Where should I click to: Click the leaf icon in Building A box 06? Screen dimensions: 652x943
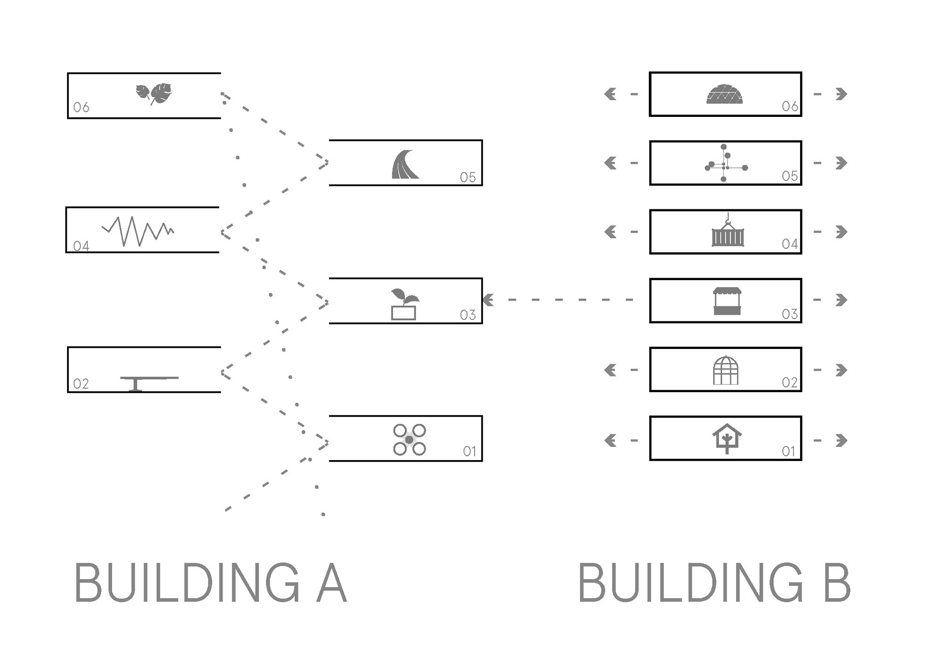(154, 93)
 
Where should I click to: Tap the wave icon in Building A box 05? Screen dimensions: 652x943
(405, 165)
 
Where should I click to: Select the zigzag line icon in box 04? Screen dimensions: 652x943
(138, 231)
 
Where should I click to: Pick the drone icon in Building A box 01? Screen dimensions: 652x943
(409, 440)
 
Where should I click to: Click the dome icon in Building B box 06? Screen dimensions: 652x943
(724, 95)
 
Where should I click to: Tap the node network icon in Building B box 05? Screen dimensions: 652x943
(725, 163)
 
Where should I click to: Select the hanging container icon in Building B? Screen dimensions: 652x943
(728, 232)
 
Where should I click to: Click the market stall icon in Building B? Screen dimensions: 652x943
(727, 301)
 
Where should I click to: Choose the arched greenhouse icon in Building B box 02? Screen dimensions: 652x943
(726, 371)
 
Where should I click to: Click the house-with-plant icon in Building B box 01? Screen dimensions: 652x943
(727, 438)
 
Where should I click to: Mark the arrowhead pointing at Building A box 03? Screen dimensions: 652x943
(488, 300)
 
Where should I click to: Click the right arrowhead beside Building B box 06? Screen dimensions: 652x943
(841, 94)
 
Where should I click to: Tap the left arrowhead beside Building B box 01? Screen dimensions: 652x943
(611, 440)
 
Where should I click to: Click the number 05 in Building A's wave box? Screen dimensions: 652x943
(468, 177)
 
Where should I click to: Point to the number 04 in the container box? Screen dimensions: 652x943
(790, 244)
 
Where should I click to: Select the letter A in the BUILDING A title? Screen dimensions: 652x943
(332, 583)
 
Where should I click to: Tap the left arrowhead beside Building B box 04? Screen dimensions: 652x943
(611, 232)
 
